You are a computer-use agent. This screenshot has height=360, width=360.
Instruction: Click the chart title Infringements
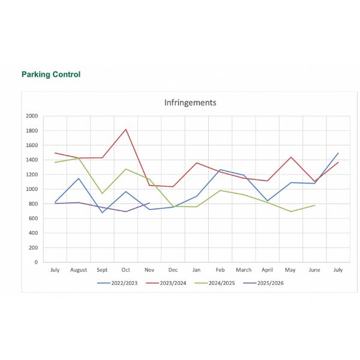(x=190, y=103)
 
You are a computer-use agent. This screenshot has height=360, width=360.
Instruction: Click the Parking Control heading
(x=51, y=74)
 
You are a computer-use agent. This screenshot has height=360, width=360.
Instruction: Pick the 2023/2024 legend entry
(x=171, y=283)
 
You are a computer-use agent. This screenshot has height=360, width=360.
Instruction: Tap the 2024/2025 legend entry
(x=219, y=283)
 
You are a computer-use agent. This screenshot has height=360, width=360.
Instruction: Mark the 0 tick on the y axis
(x=36, y=262)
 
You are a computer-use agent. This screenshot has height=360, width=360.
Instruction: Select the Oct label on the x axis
(x=126, y=270)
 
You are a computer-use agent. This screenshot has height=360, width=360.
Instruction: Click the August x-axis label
(x=79, y=270)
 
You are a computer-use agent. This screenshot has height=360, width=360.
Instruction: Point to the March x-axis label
(x=244, y=270)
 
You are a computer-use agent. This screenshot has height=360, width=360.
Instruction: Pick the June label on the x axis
(x=314, y=270)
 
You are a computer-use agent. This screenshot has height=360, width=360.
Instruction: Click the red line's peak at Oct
(x=126, y=129)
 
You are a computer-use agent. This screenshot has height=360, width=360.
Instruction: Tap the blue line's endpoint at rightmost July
(x=338, y=153)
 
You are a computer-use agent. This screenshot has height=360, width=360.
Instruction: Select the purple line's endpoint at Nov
(x=149, y=203)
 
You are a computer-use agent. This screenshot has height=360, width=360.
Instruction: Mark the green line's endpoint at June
(x=314, y=205)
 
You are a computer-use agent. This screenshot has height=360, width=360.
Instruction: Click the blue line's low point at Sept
(x=103, y=212)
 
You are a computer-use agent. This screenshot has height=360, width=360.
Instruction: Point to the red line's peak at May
(x=291, y=157)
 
